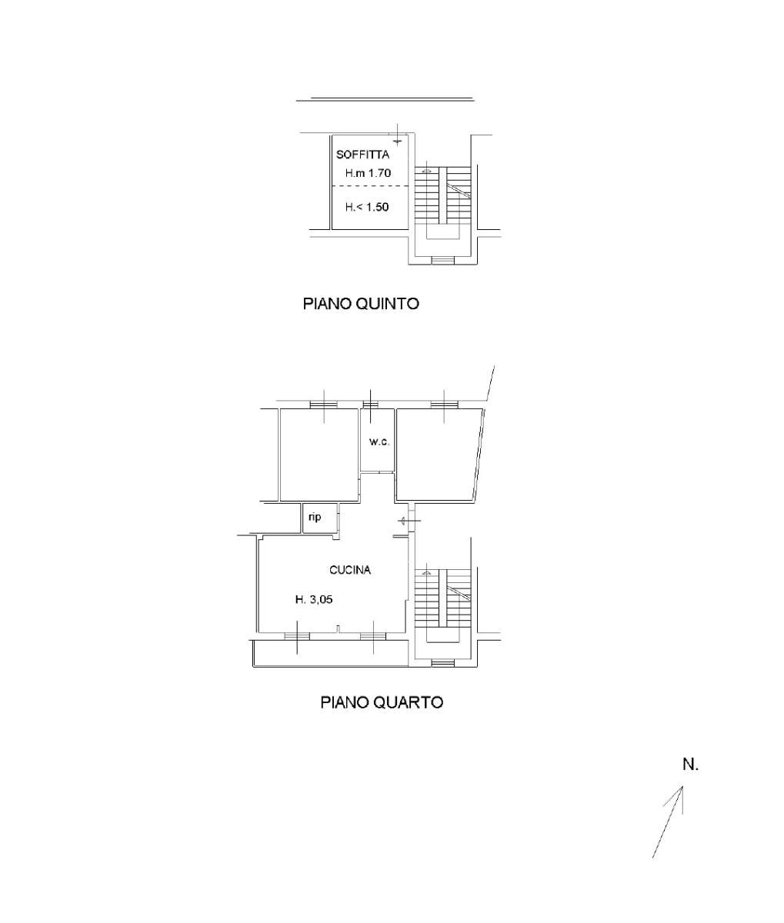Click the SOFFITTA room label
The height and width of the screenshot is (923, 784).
coord(362,155)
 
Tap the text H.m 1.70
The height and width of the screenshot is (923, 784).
coord(368,173)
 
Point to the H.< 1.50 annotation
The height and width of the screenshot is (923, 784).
coord(367,207)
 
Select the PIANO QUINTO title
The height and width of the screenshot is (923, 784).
coord(361,304)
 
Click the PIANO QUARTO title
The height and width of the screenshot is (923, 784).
coord(382,702)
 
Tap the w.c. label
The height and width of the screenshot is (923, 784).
coord(379,442)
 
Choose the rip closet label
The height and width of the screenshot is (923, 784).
coord(315,517)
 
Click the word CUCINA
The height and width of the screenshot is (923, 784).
coord(350,570)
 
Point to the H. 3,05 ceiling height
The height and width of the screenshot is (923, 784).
coord(314,599)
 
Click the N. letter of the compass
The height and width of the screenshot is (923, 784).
coord(691,765)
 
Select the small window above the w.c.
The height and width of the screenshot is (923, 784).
coord(370,405)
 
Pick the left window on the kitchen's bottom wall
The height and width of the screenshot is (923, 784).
coord(297,636)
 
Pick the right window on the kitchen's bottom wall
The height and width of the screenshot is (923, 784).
coord(373,636)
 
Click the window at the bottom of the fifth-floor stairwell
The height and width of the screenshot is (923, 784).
coord(443,261)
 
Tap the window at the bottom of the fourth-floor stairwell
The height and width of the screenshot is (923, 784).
coord(443,664)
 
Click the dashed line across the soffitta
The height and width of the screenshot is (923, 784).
coord(370,186)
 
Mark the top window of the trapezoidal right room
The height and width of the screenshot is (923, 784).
coord(444,405)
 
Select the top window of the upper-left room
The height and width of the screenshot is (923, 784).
coord(324,405)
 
